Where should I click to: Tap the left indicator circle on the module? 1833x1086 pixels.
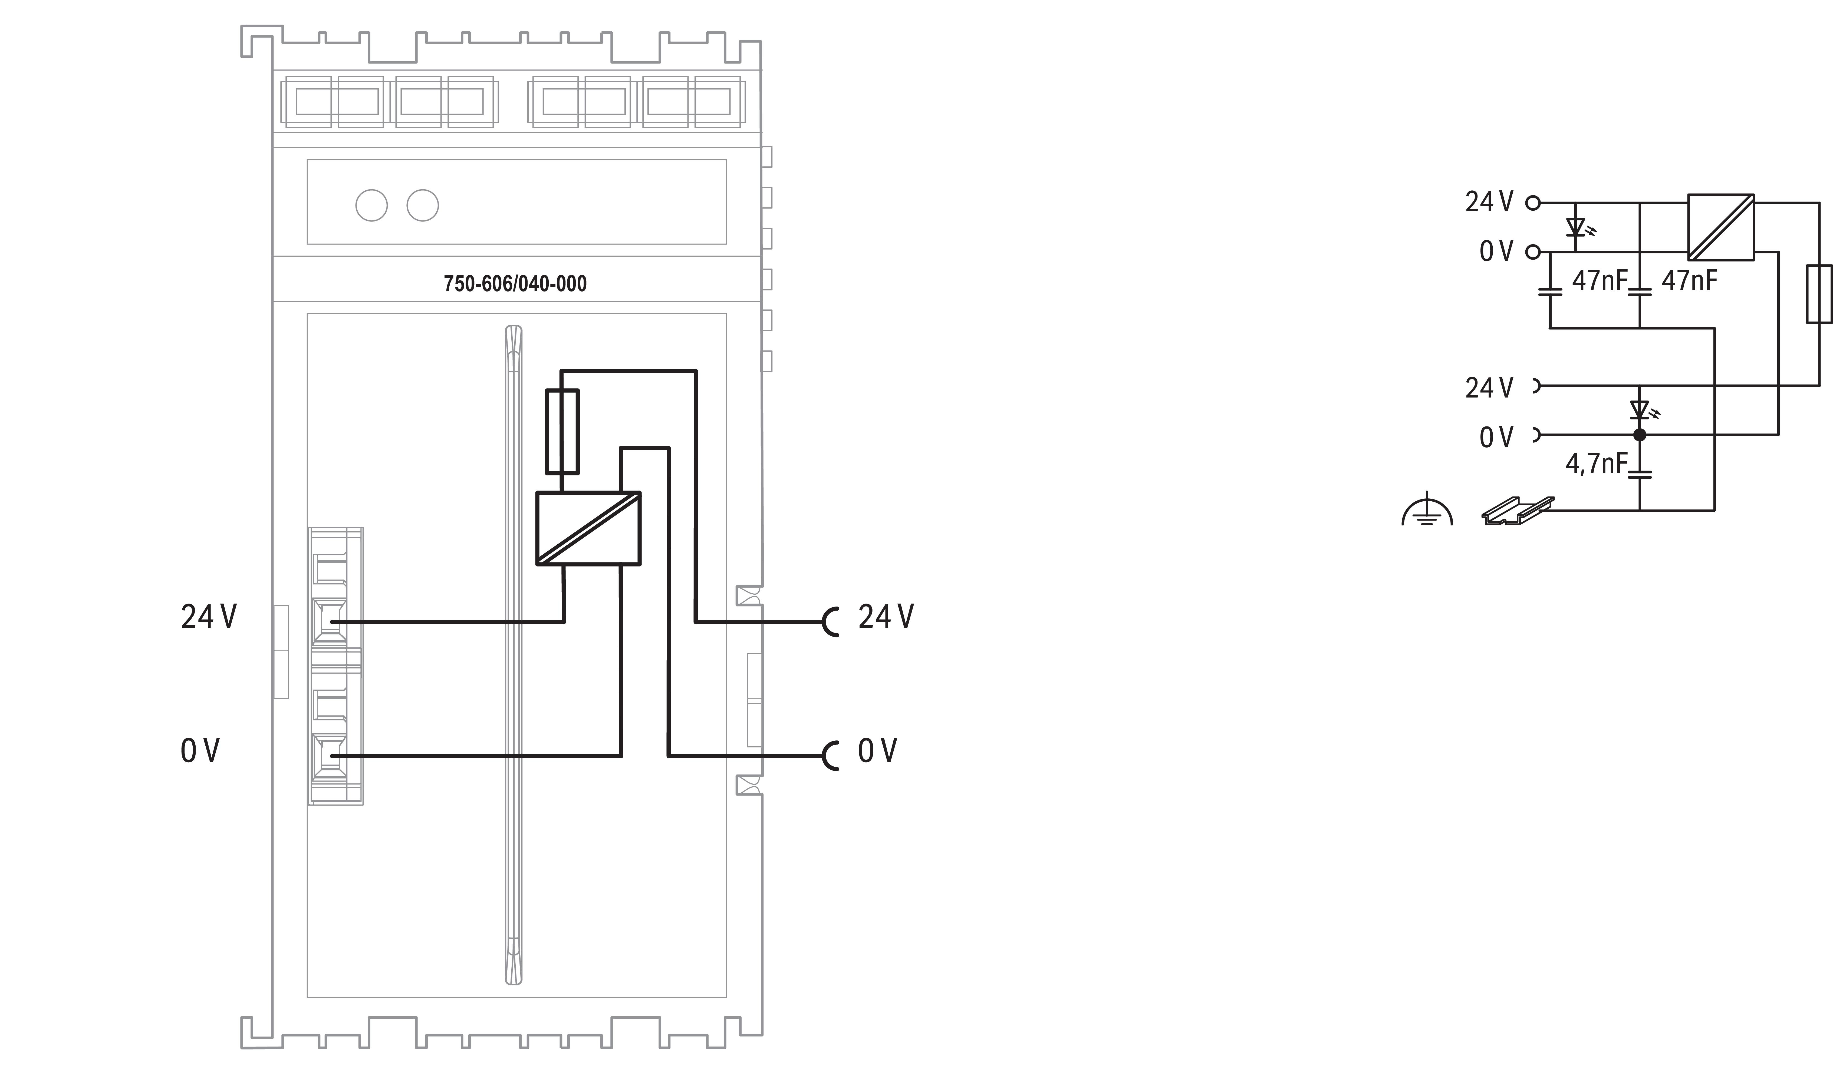[x=371, y=206]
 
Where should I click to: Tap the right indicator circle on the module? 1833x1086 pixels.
[x=422, y=206]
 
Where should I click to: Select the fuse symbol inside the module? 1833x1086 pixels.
[x=562, y=432]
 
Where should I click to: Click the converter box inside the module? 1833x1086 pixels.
[x=588, y=528]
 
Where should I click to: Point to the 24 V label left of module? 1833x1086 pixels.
[x=209, y=617]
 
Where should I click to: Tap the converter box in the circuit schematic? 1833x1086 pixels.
[x=1721, y=227]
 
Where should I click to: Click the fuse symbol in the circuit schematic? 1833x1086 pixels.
[x=1819, y=294]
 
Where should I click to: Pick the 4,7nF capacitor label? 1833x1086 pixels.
[x=1596, y=463]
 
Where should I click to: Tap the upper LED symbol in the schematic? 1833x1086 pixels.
[x=1576, y=228]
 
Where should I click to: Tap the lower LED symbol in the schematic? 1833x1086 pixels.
[x=1640, y=410]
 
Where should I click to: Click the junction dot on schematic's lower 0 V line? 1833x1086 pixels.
[x=1640, y=435]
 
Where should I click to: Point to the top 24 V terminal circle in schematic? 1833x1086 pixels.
[x=1533, y=203]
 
